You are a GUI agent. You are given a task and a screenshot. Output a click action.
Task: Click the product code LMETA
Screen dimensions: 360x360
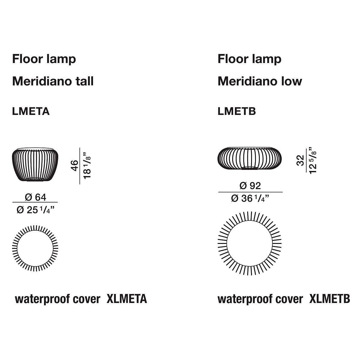point(31,111)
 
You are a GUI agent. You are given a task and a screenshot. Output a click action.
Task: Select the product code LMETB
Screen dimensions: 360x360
point(237,111)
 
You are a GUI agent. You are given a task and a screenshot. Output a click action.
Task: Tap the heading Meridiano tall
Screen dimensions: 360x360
point(53,81)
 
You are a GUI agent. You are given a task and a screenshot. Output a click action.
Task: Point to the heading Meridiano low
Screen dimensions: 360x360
point(260,81)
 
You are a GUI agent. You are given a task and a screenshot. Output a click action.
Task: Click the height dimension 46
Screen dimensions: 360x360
point(74,166)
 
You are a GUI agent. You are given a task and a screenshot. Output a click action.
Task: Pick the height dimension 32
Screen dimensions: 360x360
point(300,160)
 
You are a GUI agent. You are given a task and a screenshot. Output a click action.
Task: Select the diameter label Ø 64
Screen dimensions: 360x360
point(35,197)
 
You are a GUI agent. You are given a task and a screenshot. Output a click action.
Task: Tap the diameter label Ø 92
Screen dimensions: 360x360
point(250,186)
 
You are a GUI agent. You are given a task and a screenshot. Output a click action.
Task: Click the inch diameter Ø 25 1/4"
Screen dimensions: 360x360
point(35,210)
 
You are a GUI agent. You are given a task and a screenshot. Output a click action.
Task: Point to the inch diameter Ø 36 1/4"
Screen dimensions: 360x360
point(250,198)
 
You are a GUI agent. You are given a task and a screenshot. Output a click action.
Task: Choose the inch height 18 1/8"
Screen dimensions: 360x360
point(87,166)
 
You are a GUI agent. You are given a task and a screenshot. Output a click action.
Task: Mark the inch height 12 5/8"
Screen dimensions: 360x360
point(313,160)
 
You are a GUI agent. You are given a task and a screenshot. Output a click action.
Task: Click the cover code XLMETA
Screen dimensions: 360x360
point(127,299)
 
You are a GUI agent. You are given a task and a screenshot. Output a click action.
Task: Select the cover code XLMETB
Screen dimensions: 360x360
point(330,299)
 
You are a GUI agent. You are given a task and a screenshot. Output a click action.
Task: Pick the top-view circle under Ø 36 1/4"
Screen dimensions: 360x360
point(250,212)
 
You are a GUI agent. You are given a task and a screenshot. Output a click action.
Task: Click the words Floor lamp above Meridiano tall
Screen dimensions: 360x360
point(44,59)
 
